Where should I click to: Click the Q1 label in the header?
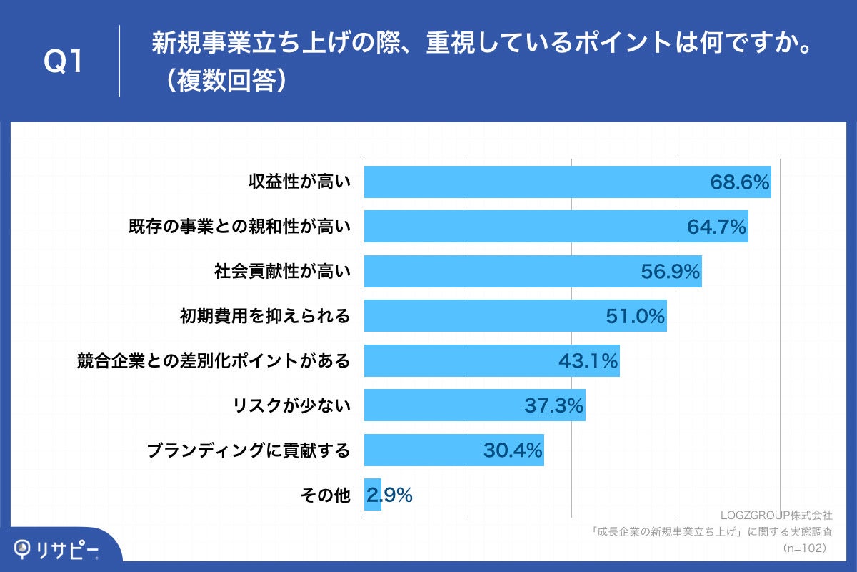(x=64, y=63)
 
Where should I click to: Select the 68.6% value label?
(x=739, y=182)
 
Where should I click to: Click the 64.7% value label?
(x=716, y=227)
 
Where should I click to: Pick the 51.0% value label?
(x=636, y=316)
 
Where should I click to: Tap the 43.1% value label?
(x=588, y=361)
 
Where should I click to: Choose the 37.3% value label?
(x=554, y=405)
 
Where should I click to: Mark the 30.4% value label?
(x=513, y=450)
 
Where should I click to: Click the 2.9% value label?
(x=390, y=495)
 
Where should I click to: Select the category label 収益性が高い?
(x=299, y=182)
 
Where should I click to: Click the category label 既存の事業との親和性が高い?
(x=239, y=227)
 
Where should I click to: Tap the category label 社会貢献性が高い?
(x=282, y=272)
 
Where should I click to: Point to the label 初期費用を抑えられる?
(x=265, y=316)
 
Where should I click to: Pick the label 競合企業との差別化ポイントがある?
(x=214, y=361)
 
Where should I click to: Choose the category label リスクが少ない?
(x=291, y=405)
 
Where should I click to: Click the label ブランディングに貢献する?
(x=248, y=450)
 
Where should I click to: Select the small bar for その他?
(x=373, y=495)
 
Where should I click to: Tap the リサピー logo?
(x=57, y=548)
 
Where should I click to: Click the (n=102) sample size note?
(x=804, y=548)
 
